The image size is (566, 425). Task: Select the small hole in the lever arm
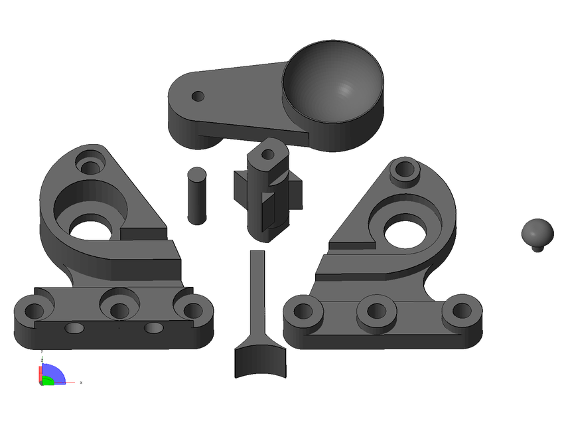pos(197,96)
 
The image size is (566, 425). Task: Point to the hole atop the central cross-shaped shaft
pos(268,154)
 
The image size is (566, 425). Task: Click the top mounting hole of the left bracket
pos(90,161)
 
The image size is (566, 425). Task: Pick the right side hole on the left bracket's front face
pos(153,328)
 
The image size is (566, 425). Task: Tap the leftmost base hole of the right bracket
pos(303,310)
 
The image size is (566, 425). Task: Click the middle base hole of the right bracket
pos(376,311)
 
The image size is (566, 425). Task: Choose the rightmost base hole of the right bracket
pos(462,309)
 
